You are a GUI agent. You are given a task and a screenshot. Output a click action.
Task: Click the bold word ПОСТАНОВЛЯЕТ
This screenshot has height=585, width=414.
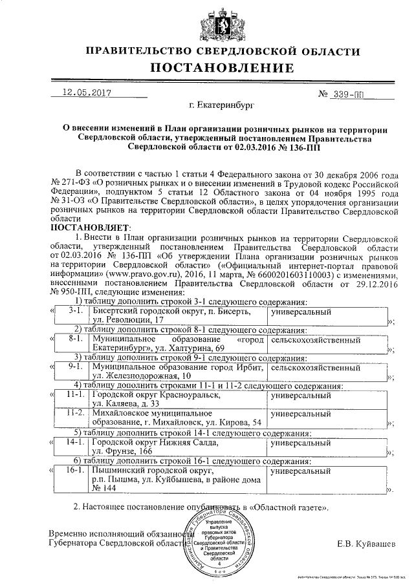click(x=90, y=228)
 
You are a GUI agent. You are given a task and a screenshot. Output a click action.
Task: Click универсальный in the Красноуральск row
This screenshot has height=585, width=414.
click(x=301, y=394)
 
